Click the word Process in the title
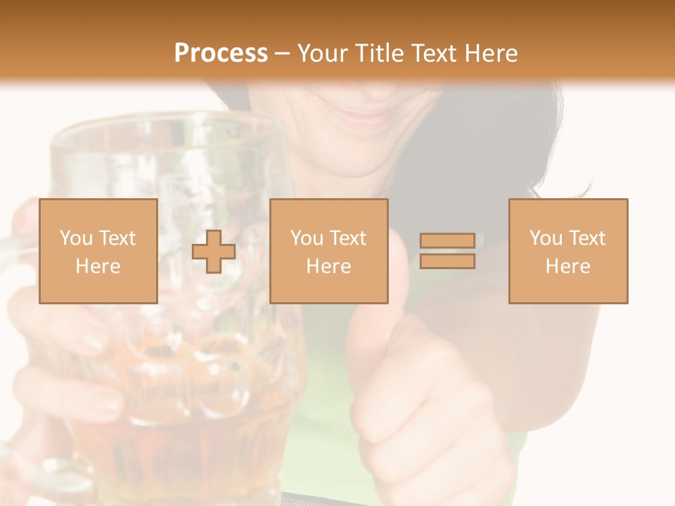(221, 53)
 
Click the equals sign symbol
(447, 251)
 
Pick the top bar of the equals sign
(447, 241)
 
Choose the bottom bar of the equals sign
(447, 261)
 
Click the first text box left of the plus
(98, 251)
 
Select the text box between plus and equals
(328, 251)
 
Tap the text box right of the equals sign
(568, 251)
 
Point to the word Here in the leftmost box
(98, 266)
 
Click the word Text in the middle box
(347, 238)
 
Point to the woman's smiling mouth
(366, 112)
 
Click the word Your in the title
(321, 53)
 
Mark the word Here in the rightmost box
(568, 266)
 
